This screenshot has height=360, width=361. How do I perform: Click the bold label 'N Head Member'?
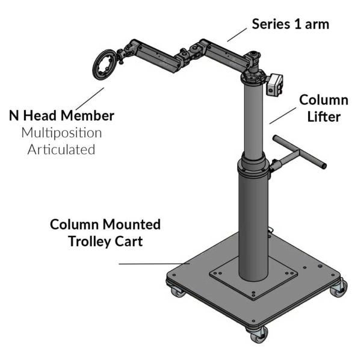click(x=61, y=115)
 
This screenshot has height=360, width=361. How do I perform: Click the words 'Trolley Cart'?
click(x=105, y=242)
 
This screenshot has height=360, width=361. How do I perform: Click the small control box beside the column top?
click(x=276, y=85)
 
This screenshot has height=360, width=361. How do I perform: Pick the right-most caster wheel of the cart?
click(x=336, y=289)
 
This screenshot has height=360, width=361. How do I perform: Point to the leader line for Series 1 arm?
click(x=239, y=34)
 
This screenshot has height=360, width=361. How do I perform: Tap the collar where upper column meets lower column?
click(x=255, y=164)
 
